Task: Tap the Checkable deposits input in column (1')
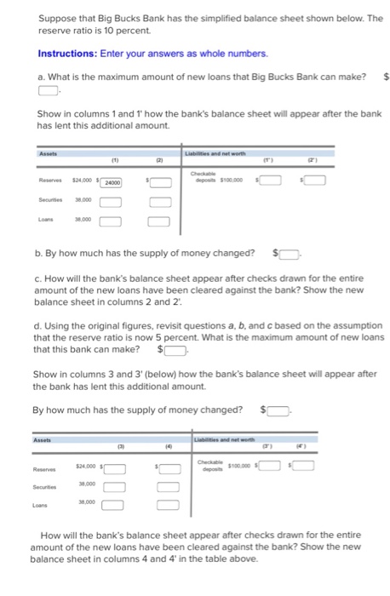272,181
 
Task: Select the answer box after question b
290,253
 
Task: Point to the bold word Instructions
66,54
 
